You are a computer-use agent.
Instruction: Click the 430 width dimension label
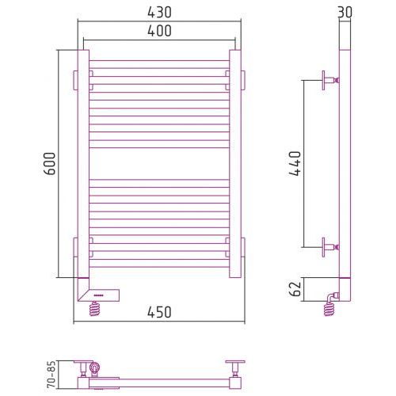tap(159, 13)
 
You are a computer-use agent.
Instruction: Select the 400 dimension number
tap(159, 31)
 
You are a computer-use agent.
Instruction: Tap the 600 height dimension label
tap(50, 163)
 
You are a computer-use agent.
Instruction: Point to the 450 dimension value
tap(159, 312)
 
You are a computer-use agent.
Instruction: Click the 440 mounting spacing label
tap(295, 163)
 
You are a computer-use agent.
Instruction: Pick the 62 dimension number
tap(295, 289)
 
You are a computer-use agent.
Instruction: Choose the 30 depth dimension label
tap(345, 13)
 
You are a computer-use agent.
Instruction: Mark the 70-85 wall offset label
tap(51, 375)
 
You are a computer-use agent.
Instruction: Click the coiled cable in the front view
tap(95, 309)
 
